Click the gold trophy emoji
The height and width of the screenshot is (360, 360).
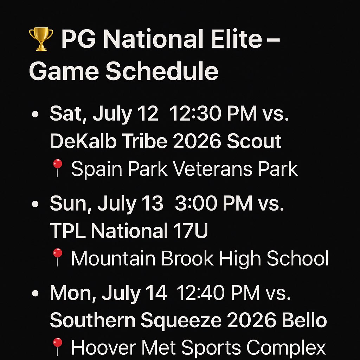click(41, 40)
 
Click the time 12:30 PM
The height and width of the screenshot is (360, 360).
click(213, 115)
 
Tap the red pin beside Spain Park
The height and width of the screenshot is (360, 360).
click(57, 169)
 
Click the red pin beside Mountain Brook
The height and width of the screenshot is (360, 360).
click(57, 258)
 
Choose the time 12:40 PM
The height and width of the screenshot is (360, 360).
click(218, 293)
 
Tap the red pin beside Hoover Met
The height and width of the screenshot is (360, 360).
click(57, 347)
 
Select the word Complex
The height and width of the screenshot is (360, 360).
click(286, 348)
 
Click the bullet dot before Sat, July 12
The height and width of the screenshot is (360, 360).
click(35, 115)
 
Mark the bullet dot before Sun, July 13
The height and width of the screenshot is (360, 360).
click(35, 205)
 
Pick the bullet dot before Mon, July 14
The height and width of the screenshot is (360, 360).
click(35, 294)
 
